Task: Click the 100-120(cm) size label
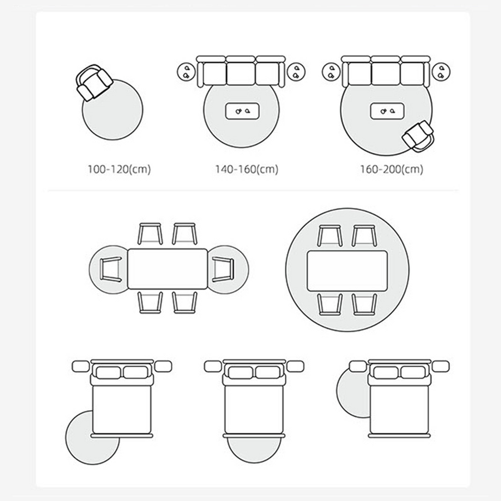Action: (x=119, y=169)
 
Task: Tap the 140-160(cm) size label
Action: (x=247, y=169)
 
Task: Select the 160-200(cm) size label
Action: (x=392, y=169)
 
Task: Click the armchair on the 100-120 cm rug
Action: (x=94, y=82)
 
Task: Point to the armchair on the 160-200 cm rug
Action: (x=418, y=136)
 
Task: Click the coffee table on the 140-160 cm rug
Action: (x=242, y=111)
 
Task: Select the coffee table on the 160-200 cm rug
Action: (x=387, y=111)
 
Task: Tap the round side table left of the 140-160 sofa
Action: (x=186, y=72)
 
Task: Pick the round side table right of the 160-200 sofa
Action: (x=441, y=72)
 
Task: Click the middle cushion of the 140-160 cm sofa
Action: (x=241, y=73)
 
